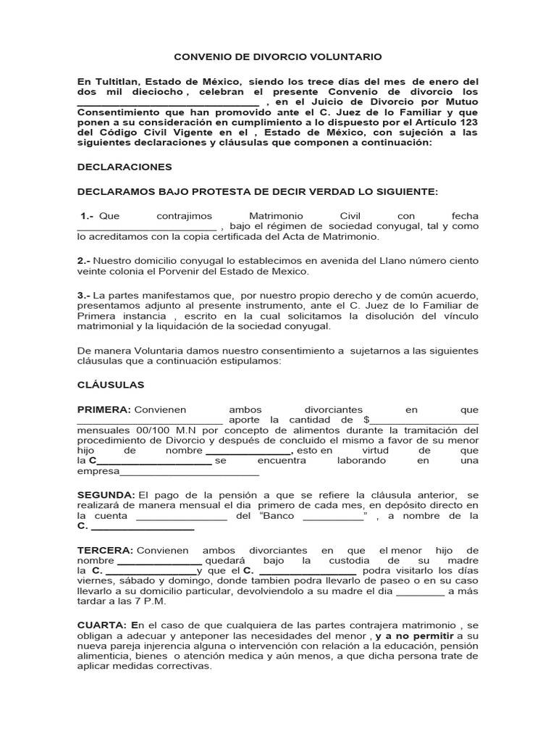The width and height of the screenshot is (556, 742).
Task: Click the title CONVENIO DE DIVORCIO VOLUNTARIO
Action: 278,56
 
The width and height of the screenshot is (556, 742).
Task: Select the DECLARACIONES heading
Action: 124,167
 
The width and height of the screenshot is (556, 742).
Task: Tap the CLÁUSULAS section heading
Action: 111,384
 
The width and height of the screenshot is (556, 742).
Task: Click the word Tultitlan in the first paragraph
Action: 117,82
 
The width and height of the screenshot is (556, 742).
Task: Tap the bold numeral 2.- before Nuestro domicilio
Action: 83,260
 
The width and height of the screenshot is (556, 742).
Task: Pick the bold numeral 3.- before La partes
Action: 83,295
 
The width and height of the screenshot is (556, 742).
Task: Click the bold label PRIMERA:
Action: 104,409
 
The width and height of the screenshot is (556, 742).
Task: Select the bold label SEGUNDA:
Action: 106,494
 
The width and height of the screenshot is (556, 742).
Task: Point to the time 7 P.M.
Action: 152,601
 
